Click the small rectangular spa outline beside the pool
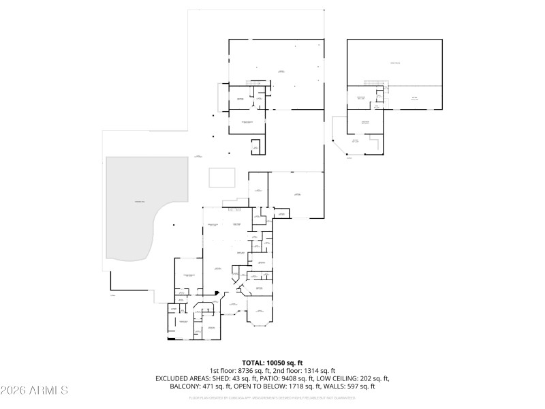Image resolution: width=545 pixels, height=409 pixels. click(x=222, y=178)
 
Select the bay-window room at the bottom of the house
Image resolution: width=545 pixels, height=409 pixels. click(x=260, y=315)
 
